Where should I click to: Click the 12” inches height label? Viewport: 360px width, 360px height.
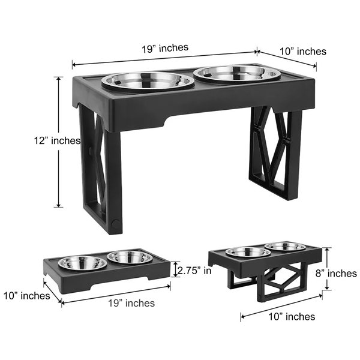(x=57, y=140)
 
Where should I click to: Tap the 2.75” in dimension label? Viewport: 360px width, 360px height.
(x=194, y=271)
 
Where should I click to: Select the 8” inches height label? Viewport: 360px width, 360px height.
(x=336, y=273)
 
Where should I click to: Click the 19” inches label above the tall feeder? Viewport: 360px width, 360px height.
(x=165, y=48)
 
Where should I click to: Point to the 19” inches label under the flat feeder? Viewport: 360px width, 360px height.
(x=131, y=303)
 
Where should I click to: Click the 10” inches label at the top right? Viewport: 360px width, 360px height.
(x=303, y=51)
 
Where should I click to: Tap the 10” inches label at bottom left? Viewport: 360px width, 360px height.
(x=26, y=296)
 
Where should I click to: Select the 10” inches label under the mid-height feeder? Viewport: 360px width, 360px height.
(x=292, y=317)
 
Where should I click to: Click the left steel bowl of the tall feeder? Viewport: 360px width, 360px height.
(x=148, y=81)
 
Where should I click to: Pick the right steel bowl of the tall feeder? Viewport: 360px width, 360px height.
(x=237, y=73)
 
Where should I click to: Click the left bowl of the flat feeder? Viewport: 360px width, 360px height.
(x=83, y=263)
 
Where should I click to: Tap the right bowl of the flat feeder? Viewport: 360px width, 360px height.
(x=130, y=257)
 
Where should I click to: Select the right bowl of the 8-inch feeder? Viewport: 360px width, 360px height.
(x=285, y=247)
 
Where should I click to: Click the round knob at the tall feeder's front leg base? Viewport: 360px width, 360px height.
(x=115, y=223)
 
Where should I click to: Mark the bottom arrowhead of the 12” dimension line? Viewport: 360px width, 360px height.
(x=59, y=205)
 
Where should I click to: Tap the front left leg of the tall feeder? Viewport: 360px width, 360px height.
(x=113, y=181)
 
